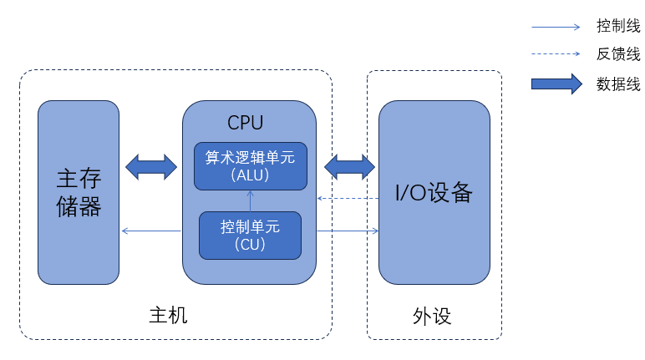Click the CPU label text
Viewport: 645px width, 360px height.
[246, 123]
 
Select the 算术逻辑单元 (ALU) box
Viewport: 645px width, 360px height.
[251, 166]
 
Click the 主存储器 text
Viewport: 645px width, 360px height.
[79, 193]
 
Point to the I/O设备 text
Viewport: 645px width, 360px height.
[434, 193]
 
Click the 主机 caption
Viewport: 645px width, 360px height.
[168, 316]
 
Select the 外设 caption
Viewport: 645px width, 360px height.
[432, 316]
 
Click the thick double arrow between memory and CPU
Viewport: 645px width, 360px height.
[151, 166]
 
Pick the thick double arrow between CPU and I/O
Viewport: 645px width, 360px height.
[349, 166]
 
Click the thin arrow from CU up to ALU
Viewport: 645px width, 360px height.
[251, 201]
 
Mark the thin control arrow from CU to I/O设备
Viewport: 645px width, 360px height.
[347, 231]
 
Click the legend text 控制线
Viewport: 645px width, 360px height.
[618, 26]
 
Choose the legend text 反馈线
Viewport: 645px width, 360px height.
[618, 54]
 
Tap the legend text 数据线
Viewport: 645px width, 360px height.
[618, 84]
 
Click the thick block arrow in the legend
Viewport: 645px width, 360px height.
[556, 84]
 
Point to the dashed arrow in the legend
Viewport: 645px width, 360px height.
[556, 55]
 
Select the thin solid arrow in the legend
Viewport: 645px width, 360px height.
[556, 27]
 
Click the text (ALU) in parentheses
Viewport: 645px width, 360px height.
[251, 175]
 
